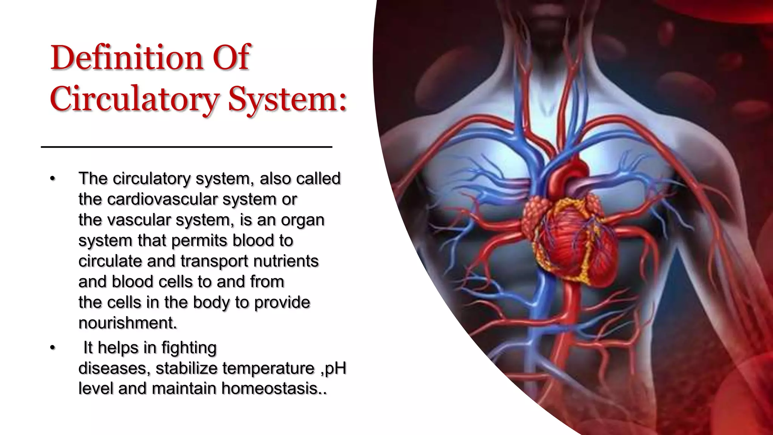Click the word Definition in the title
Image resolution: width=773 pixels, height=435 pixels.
click(x=126, y=58)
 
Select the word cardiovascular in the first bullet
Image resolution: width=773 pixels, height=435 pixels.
click(x=162, y=199)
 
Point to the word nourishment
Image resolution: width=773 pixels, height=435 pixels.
click(x=128, y=323)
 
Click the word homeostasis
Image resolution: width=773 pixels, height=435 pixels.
click(x=274, y=389)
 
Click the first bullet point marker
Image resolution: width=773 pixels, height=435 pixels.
click(x=52, y=179)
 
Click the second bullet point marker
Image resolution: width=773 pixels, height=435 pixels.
click(x=52, y=347)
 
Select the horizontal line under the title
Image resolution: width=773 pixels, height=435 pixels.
click(x=186, y=147)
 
